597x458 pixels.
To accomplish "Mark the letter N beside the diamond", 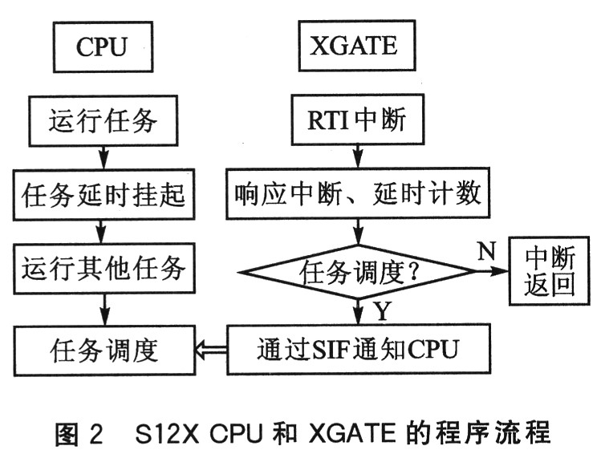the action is pyautogui.click(x=486, y=250).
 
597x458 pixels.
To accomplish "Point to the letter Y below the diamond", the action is pyautogui.click(x=383, y=310).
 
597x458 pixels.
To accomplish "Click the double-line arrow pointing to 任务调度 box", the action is pyautogui.click(x=211, y=350).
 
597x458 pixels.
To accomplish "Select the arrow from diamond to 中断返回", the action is pyautogui.click(x=493, y=271).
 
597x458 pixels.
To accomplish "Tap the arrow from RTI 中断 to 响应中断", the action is pyautogui.click(x=358, y=156).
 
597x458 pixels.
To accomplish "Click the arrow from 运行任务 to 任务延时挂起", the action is pyautogui.click(x=104, y=158).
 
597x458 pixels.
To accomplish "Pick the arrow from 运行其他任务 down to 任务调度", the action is pyautogui.click(x=104, y=310).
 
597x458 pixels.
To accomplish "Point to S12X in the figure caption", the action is pyautogui.click(x=167, y=434).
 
